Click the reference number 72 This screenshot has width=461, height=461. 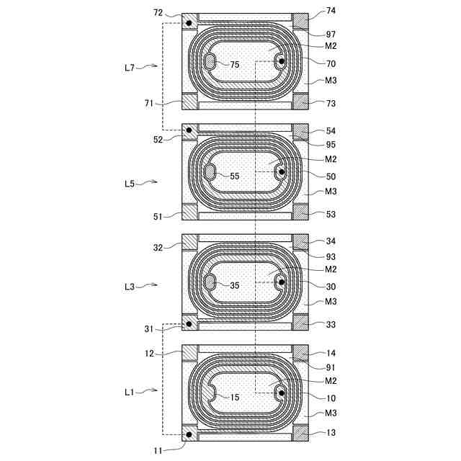158,13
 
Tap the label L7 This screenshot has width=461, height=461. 129,68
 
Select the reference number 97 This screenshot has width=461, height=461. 331,35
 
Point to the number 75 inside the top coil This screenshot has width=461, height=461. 234,65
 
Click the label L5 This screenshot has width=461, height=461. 129,184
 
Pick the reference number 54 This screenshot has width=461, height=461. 331,131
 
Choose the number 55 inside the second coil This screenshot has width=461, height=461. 234,176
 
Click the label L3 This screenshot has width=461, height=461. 129,287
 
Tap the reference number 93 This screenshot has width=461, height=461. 331,257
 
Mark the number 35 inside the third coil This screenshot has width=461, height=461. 234,285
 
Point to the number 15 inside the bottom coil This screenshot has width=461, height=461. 234,397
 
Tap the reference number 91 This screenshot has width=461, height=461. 331,367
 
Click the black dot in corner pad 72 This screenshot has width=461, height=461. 189,23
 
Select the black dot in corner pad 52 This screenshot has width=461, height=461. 189,130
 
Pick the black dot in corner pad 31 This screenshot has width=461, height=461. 189,324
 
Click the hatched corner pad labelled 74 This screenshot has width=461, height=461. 300,21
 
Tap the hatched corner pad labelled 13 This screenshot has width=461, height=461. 300,433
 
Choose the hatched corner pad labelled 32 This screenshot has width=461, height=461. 189,242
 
